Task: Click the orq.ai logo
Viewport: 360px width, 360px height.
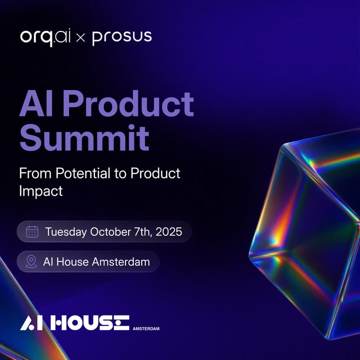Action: tap(45, 37)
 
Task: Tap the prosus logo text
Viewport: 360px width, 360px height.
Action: tap(122, 37)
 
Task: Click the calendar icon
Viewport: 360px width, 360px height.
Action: tap(32, 232)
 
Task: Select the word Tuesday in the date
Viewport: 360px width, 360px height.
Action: tap(66, 232)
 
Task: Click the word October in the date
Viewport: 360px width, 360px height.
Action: tap(110, 232)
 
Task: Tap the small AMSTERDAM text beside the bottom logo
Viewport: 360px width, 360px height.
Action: tap(146, 328)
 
